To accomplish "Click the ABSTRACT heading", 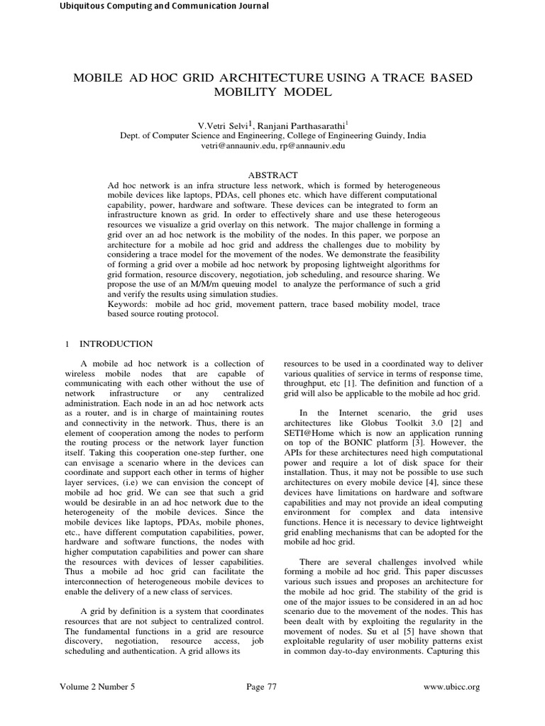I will [272, 174].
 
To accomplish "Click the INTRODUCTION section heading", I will [116, 344].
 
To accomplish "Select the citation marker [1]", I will [351, 383].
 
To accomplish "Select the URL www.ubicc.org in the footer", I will [451, 686].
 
